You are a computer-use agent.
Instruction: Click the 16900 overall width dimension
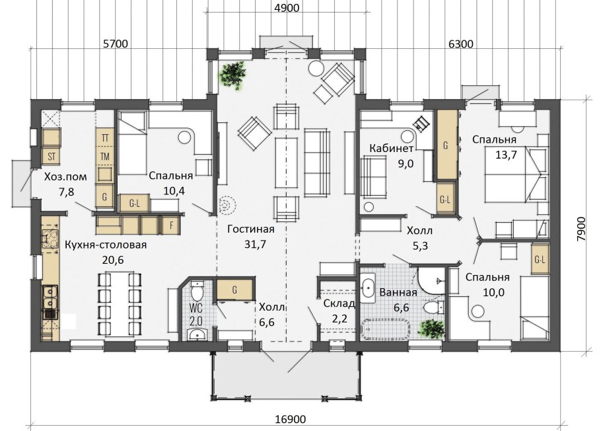[290, 419]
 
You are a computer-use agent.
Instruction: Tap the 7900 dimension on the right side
[581, 229]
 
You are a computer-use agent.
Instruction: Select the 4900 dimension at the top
[287, 8]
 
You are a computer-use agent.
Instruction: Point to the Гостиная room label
[251, 229]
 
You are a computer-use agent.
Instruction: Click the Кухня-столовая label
[106, 245]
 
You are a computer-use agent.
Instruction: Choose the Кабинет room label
[392, 148]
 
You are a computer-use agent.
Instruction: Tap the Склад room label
[339, 303]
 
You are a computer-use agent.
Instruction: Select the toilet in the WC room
[197, 292]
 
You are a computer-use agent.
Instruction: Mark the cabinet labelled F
[171, 225]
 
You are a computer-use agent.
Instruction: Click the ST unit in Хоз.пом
[52, 156]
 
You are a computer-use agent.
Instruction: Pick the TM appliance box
[104, 156]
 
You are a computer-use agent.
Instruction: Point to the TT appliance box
[104, 137]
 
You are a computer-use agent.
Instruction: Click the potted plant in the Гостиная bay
[232, 75]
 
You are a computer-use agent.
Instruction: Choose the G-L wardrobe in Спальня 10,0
[540, 260]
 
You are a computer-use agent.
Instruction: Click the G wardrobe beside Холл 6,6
[234, 290]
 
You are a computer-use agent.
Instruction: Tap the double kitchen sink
[50, 297]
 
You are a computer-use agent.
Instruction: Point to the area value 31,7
[256, 244]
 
